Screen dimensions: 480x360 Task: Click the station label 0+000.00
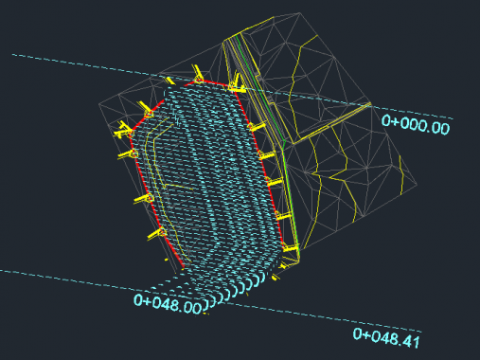point(416,125)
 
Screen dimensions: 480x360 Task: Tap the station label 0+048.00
point(168,304)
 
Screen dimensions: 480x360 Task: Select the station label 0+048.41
point(386,338)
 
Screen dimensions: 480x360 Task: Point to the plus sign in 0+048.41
point(366,334)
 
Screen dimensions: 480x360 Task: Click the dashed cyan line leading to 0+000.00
point(233,86)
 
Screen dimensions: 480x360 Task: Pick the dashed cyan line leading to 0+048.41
point(211,300)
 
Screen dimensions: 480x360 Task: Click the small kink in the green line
point(284,143)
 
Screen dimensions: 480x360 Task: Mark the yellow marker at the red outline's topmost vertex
point(198,76)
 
